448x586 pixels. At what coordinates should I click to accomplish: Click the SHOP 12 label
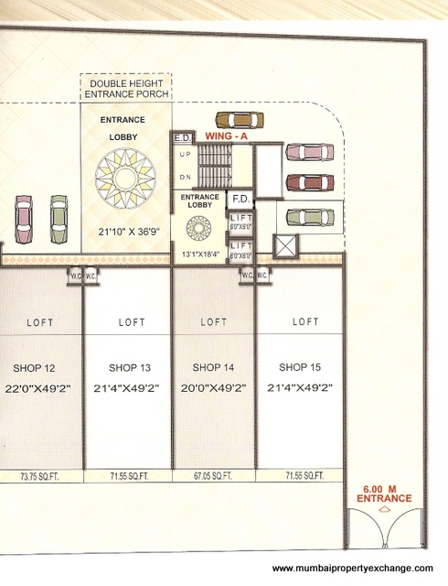click(x=37, y=367)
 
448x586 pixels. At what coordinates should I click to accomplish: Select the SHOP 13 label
click(x=126, y=367)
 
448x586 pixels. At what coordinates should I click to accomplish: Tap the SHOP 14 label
click(x=214, y=367)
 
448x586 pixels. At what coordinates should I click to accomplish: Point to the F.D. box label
click(x=241, y=198)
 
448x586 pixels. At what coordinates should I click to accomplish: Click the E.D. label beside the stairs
click(x=181, y=137)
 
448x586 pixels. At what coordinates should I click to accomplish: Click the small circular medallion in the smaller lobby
click(x=199, y=226)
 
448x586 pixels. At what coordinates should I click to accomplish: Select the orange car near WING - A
click(x=239, y=119)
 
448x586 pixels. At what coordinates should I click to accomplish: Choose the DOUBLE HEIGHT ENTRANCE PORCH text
click(x=126, y=89)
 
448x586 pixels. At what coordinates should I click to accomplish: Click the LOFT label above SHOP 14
click(x=214, y=322)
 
